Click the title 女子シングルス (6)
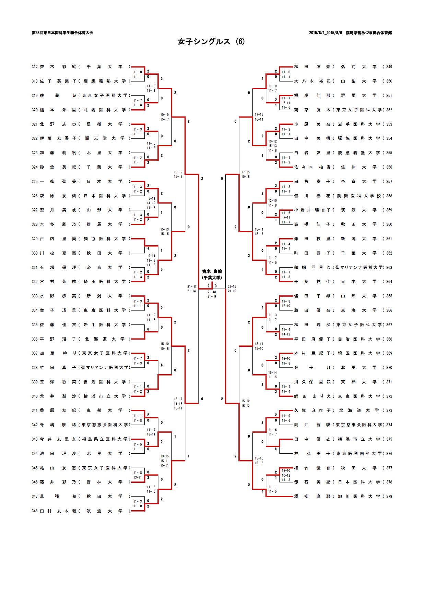click(211, 41)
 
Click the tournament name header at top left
click(62, 33)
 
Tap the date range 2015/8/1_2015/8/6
click(325, 33)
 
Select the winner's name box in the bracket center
click(212, 274)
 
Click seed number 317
click(35, 67)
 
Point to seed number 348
click(35, 511)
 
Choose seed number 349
click(389, 67)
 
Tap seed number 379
click(389, 496)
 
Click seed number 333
click(35, 296)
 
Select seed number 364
click(389, 282)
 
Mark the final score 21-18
click(212, 292)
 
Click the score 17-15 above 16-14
click(259, 115)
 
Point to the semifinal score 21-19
click(232, 291)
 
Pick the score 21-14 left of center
click(191, 291)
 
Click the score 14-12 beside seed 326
click(151, 203)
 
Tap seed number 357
click(389, 182)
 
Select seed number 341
click(35, 410)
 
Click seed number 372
click(389, 396)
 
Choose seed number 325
click(35, 182)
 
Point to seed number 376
click(389, 454)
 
